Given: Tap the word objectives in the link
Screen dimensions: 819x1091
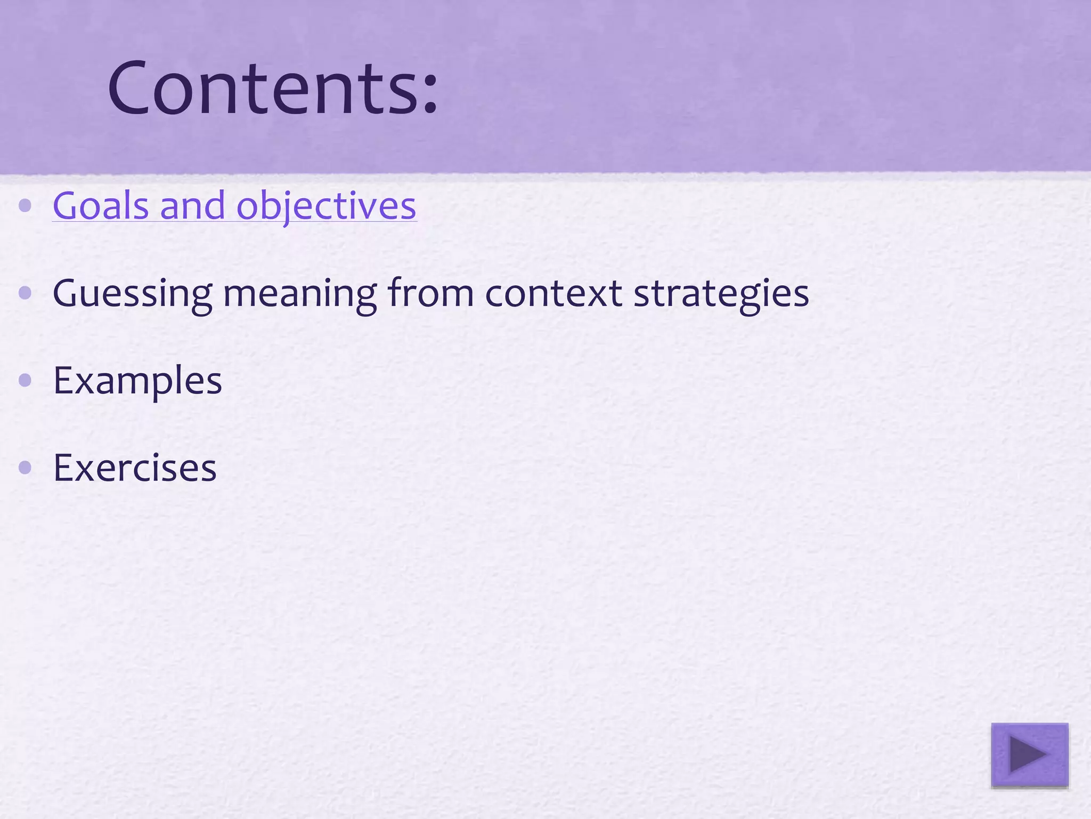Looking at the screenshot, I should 326,207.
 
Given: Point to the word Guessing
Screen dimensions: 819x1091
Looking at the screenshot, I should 132,294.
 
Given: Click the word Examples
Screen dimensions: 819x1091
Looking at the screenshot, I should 137,381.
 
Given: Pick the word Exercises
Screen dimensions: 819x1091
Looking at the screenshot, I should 135,468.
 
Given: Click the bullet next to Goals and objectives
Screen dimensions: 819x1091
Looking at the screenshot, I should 25,206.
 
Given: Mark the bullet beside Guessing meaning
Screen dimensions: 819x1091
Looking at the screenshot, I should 25,293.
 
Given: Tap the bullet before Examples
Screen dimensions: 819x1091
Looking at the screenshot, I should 25,380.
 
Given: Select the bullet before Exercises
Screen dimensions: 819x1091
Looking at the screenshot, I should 25,468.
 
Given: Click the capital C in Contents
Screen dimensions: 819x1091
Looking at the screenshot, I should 127,88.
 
